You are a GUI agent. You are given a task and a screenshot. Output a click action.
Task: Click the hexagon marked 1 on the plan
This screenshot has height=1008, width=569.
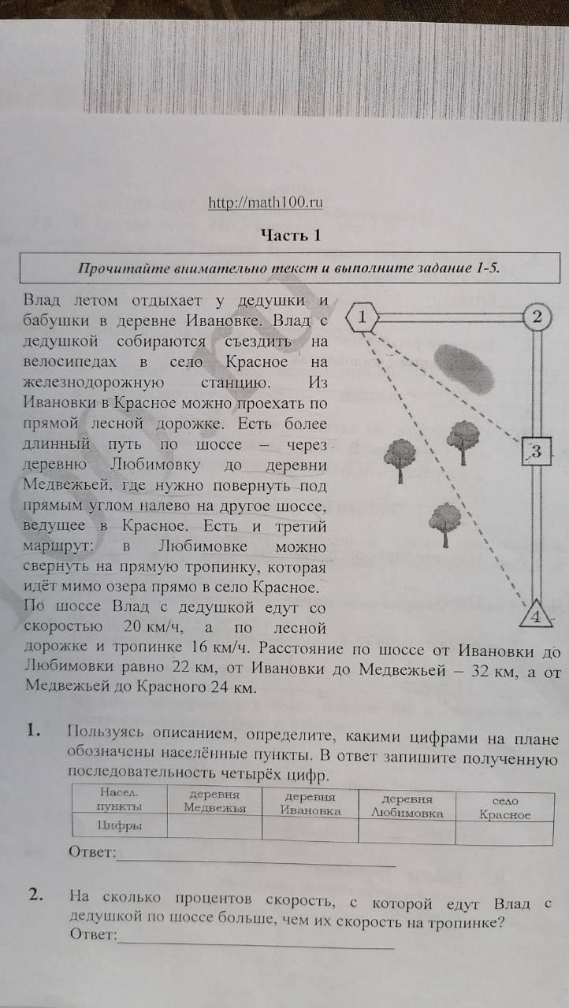[x=363, y=318]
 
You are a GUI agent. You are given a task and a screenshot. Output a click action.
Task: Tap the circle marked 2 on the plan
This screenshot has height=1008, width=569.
[x=537, y=318]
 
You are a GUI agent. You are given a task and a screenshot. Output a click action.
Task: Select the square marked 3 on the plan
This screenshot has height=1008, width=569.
[x=536, y=451]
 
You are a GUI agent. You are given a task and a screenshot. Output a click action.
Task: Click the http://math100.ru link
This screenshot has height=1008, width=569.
[x=266, y=203]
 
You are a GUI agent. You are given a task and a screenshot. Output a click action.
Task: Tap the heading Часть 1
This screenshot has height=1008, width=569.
[x=291, y=235]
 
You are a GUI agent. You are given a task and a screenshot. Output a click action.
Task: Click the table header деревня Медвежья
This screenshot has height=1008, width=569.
[x=214, y=801]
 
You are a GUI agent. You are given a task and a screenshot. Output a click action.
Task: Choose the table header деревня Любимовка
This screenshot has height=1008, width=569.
[x=407, y=806]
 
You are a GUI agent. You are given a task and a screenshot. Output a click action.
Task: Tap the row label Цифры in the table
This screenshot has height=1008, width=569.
[x=120, y=826]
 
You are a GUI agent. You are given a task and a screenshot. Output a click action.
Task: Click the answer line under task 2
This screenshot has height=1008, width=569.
[x=256, y=945]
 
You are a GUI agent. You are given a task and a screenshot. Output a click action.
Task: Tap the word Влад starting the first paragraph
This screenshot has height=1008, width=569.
[x=39, y=301]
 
